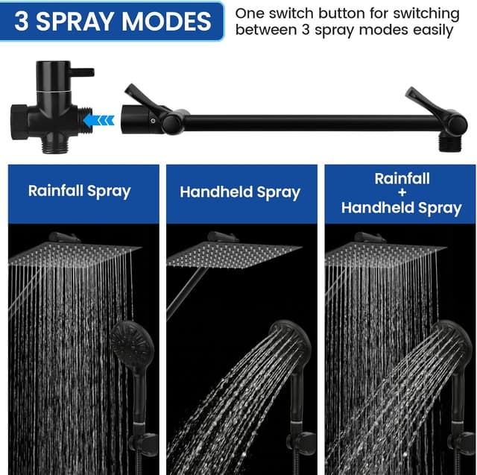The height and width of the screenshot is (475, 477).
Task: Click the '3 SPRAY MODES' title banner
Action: tap(112, 20)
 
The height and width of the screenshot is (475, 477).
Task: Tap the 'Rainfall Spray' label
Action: tap(79, 190)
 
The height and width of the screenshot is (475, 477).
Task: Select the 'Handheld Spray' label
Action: tap(240, 192)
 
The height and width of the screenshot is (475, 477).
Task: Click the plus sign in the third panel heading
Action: tap(402, 193)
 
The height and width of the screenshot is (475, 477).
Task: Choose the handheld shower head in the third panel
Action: tap(451, 343)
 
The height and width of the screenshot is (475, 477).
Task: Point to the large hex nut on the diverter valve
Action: tap(21, 117)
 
